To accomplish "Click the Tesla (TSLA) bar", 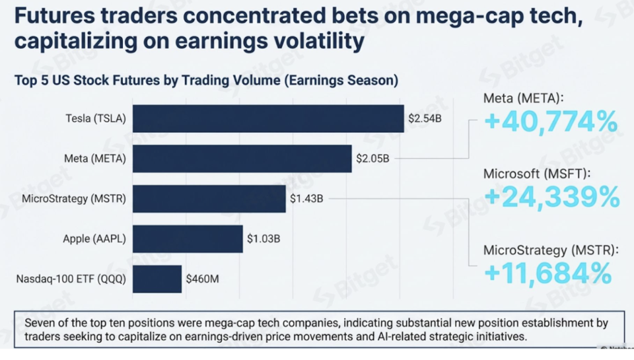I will coord(267,119).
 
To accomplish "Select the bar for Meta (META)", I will coord(242,159).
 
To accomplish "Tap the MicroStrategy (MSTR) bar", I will coord(209,199).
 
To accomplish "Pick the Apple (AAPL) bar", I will coord(188,238).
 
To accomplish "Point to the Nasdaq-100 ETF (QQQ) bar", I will coord(157,279).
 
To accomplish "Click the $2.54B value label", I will coord(424,119).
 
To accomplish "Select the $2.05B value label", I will coord(372,159).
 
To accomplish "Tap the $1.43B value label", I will coord(306,199).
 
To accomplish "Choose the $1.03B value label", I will coord(264,238).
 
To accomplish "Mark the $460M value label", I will coord(202,279).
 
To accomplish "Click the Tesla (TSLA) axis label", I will coord(95,119).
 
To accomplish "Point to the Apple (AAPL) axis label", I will coord(94,238).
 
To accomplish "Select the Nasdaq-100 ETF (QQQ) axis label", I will coord(71,279).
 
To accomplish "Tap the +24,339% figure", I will coord(551,196).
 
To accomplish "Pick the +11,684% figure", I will coord(547,272).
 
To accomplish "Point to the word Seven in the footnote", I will coord(40,323).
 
